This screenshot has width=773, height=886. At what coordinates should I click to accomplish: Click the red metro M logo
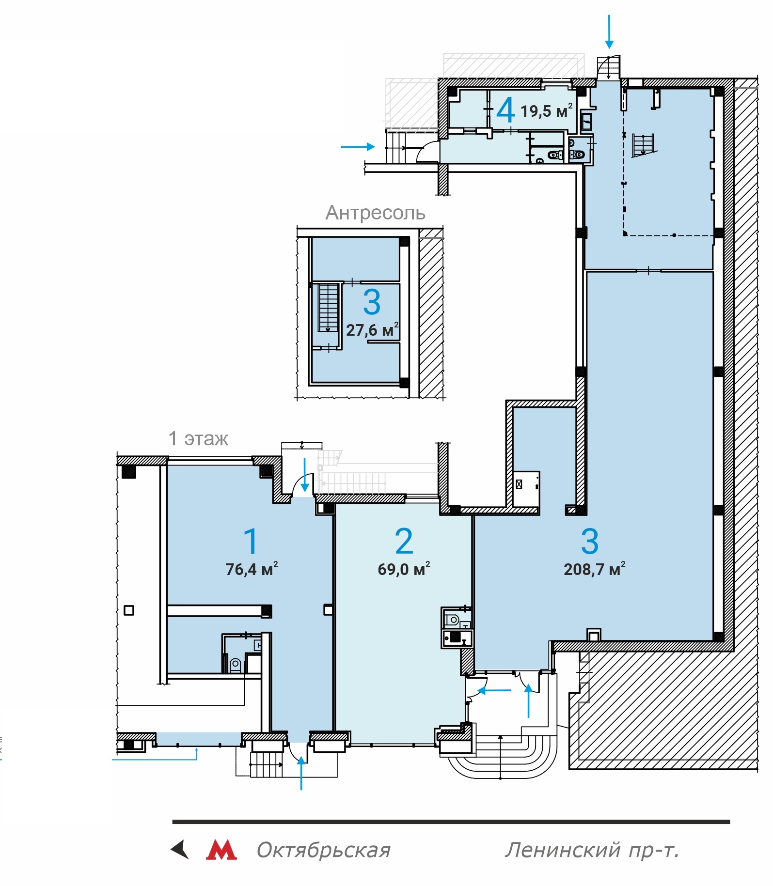point(221,850)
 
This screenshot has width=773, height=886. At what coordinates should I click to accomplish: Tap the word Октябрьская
point(323,850)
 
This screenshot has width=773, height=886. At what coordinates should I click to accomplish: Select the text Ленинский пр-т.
point(592,850)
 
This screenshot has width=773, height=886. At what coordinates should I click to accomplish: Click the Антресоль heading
point(375,213)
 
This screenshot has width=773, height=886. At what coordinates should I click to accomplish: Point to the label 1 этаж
point(198,438)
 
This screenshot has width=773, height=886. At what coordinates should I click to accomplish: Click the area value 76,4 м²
point(252,569)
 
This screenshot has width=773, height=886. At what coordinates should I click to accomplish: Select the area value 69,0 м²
point(404,569)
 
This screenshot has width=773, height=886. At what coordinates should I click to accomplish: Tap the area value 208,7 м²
point(594,569)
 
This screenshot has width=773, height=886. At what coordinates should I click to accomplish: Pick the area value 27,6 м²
point(372,330)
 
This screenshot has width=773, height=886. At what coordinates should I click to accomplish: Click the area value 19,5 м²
point(547,111)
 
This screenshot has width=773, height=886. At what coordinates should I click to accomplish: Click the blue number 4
point(505,110)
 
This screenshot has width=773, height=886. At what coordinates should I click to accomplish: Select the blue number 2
point(404,541)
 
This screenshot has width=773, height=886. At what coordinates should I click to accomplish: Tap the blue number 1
point(251,541)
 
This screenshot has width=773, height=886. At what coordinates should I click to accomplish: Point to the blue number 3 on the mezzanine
point(372,302)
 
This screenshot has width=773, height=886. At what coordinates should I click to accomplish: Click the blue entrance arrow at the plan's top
point(609,31)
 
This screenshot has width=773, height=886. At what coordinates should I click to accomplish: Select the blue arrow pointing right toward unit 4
point(358,146)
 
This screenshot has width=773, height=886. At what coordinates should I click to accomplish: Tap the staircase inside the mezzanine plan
point(328,308)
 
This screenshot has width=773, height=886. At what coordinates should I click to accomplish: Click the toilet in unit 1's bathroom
point(236,665)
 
